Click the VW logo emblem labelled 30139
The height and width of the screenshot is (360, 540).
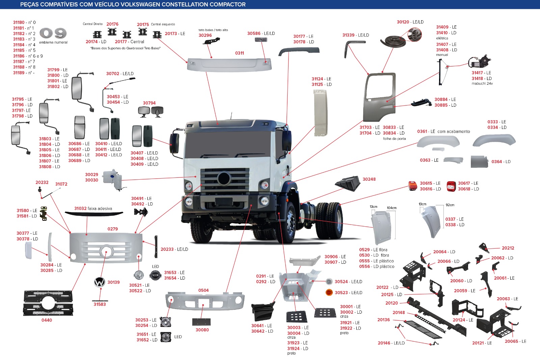point(99,282)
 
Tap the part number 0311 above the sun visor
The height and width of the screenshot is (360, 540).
point(239,53)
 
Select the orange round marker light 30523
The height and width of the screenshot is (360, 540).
point(329,292)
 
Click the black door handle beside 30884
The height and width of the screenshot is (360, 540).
point(422,103)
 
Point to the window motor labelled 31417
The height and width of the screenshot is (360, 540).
point(479,61)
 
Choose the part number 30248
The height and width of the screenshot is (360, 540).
point(369,179)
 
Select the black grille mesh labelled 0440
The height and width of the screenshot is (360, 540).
point(48,303)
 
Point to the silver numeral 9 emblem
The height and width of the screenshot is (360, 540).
point(60,33)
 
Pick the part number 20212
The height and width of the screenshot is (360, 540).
point(508,248)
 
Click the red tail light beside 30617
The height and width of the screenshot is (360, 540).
point(451,186)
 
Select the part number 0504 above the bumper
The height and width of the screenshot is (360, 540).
point(204,290)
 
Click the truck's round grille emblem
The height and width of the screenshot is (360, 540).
point(224,178)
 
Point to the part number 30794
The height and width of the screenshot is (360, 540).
point(149,103)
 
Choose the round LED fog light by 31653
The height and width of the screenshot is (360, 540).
point(155,275)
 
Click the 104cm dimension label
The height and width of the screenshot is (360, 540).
point(392,208)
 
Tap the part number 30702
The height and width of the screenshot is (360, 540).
point(113,74)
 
